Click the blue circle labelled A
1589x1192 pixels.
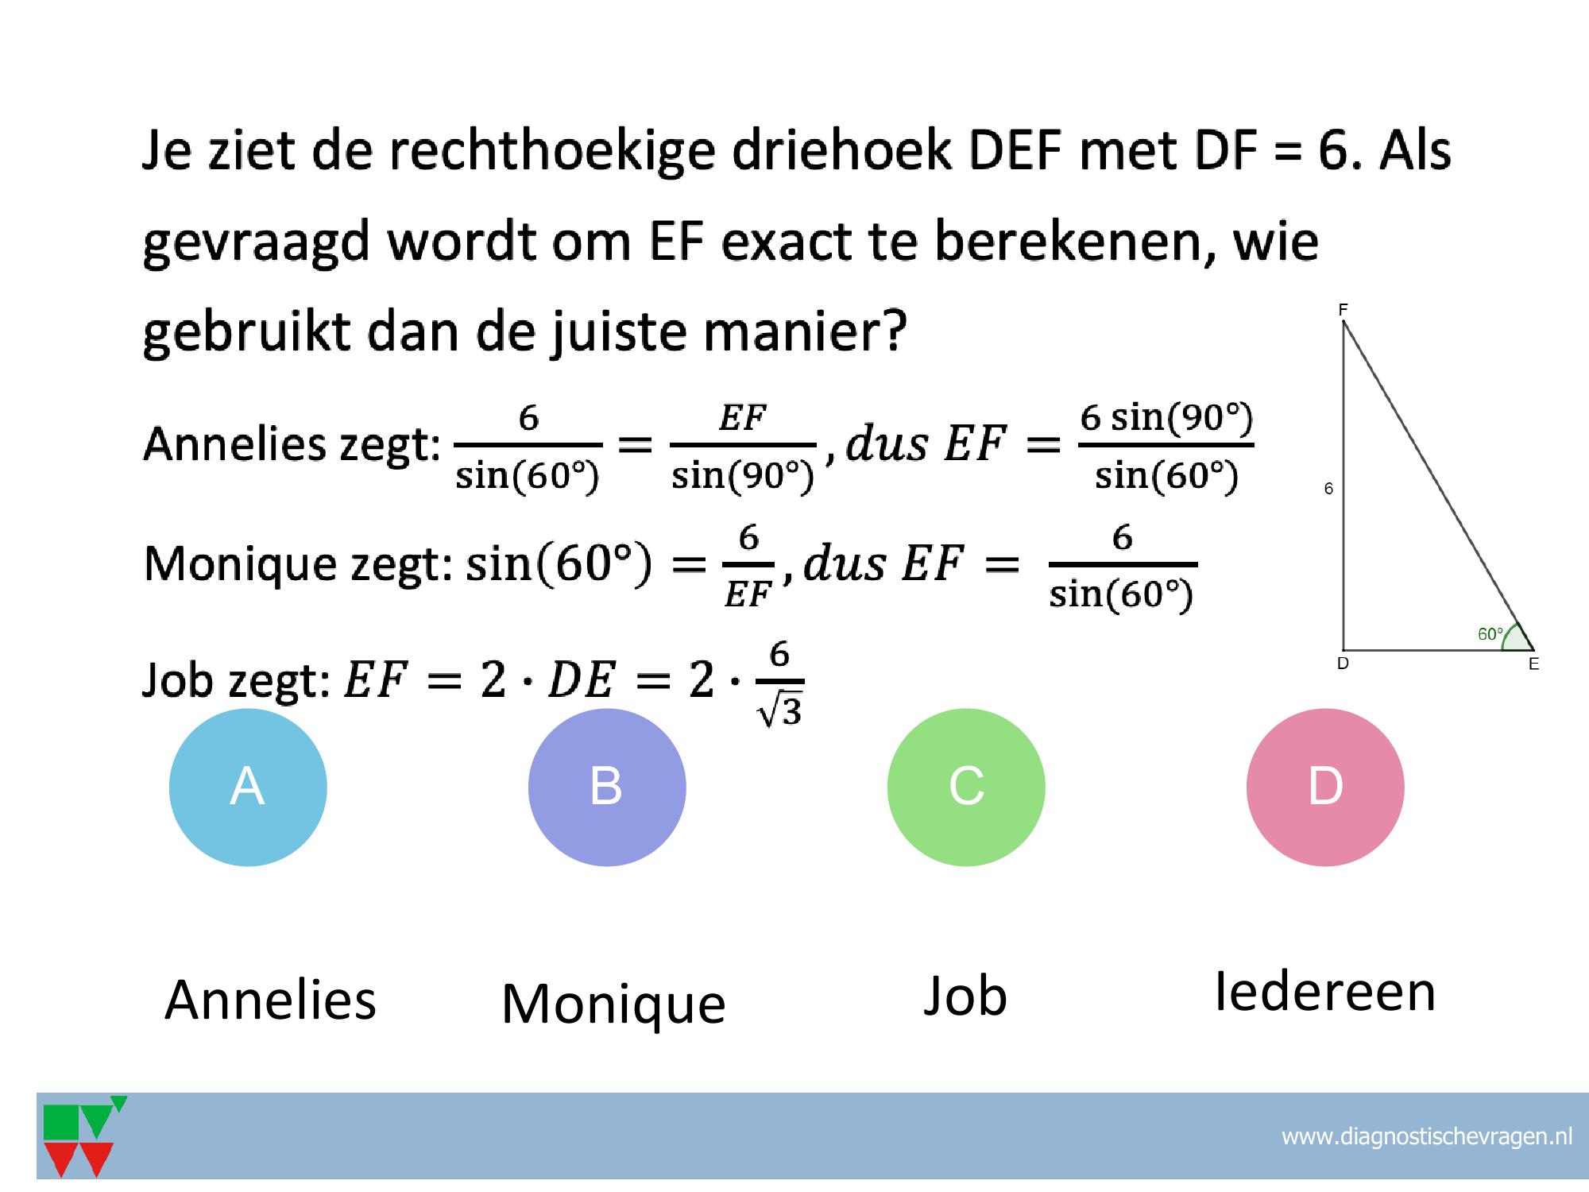248,787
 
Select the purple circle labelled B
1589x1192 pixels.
607,787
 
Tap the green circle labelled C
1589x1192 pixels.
966,787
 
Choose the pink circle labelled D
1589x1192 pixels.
1325,787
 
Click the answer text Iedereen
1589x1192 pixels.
1325,992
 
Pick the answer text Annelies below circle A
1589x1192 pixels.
270,1000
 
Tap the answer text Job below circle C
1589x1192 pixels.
965,996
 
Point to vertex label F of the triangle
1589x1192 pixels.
1343,310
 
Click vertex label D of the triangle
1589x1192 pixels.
1343,664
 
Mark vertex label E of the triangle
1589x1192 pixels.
1533,664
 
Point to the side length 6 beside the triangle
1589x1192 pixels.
1328,489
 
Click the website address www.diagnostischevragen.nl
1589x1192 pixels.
1427,1136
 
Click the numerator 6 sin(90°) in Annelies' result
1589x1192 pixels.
1166,418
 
